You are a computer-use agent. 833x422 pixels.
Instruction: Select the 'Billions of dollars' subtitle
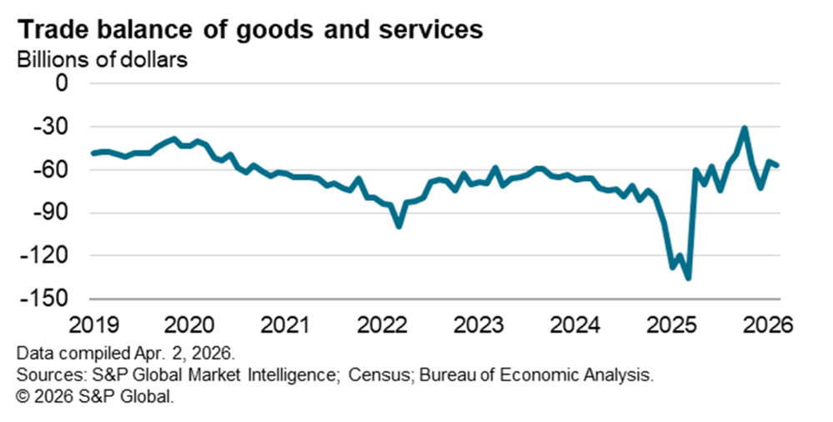click(98, 60)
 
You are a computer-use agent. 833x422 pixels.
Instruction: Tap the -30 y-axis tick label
click(54, 127)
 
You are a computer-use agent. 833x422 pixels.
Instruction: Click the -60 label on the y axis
click(54, 169)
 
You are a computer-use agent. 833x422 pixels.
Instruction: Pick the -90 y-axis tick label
click(54, 213)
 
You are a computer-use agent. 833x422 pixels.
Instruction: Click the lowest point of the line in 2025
click(688, 278)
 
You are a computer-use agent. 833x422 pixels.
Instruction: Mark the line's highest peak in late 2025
click(745, 128)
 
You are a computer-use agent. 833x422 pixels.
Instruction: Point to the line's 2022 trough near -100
click(399, 225)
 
